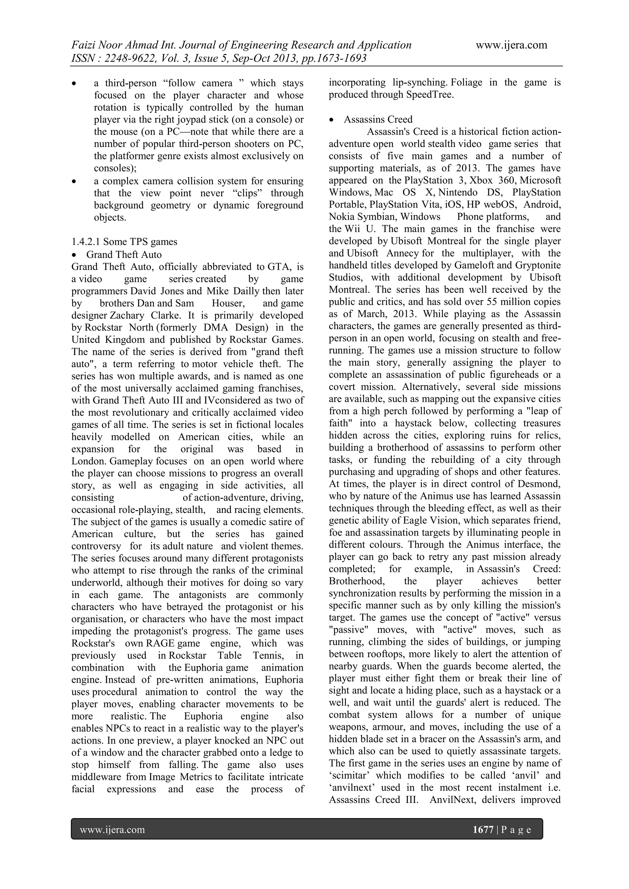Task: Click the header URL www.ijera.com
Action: pyautogui.click(x=511, y=45)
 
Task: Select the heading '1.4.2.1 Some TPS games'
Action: pyautogui.click(x=124, y=242)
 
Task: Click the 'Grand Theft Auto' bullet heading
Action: pyautogui.click(x=124, y=255)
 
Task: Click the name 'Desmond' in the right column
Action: pyautogui.click(x=541, y=484)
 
